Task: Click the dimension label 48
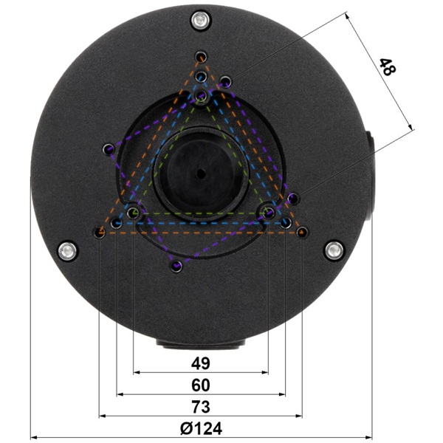[x=388, y=67]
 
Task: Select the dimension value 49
[x=201, y=363]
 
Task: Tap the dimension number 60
[x=201, y=385]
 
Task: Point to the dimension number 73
[x=201, y=407]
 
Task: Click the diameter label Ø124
[x=201, y=428]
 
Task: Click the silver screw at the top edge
[x=200, y=21]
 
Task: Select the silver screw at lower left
[x=67, y=251]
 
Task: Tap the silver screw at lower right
[x=334, y=250]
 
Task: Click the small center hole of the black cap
[x=201, y=174]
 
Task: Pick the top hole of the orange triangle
[x=201, y=57]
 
